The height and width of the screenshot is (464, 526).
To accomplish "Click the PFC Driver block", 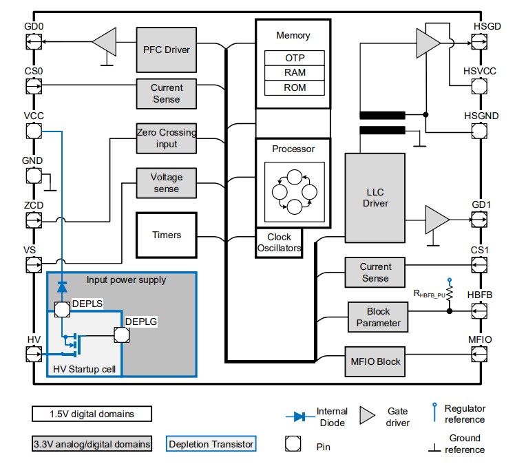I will pyautogui.click(x=166, y=50).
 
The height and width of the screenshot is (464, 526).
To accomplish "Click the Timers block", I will pyautogui.click(x=167, y=235).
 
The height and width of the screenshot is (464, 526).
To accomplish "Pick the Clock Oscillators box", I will pyautogui.click(x=279, y=242).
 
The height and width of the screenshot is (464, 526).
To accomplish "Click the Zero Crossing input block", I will pyautogui.click(x=167, y=138).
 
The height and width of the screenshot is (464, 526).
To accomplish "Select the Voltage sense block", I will pyautogui.click(x=166, y=183).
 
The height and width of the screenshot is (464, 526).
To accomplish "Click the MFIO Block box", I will pyautogui.click(x=375, y=361).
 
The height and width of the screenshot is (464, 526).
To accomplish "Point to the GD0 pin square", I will pyautogui.click(x=32, y=43).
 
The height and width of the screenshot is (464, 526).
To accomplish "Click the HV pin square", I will pyautogui.click(x=32, y=355).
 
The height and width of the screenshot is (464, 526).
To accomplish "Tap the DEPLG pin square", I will pyautogui.click(x=122, y=335).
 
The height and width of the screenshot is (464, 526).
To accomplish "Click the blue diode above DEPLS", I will pyautogui.click(x=62, y=285).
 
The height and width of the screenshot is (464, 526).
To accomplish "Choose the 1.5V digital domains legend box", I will pyautogui.click(x=91, y=414).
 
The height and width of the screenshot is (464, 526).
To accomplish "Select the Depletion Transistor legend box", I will pyautogui.click(x=211, y=444).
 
